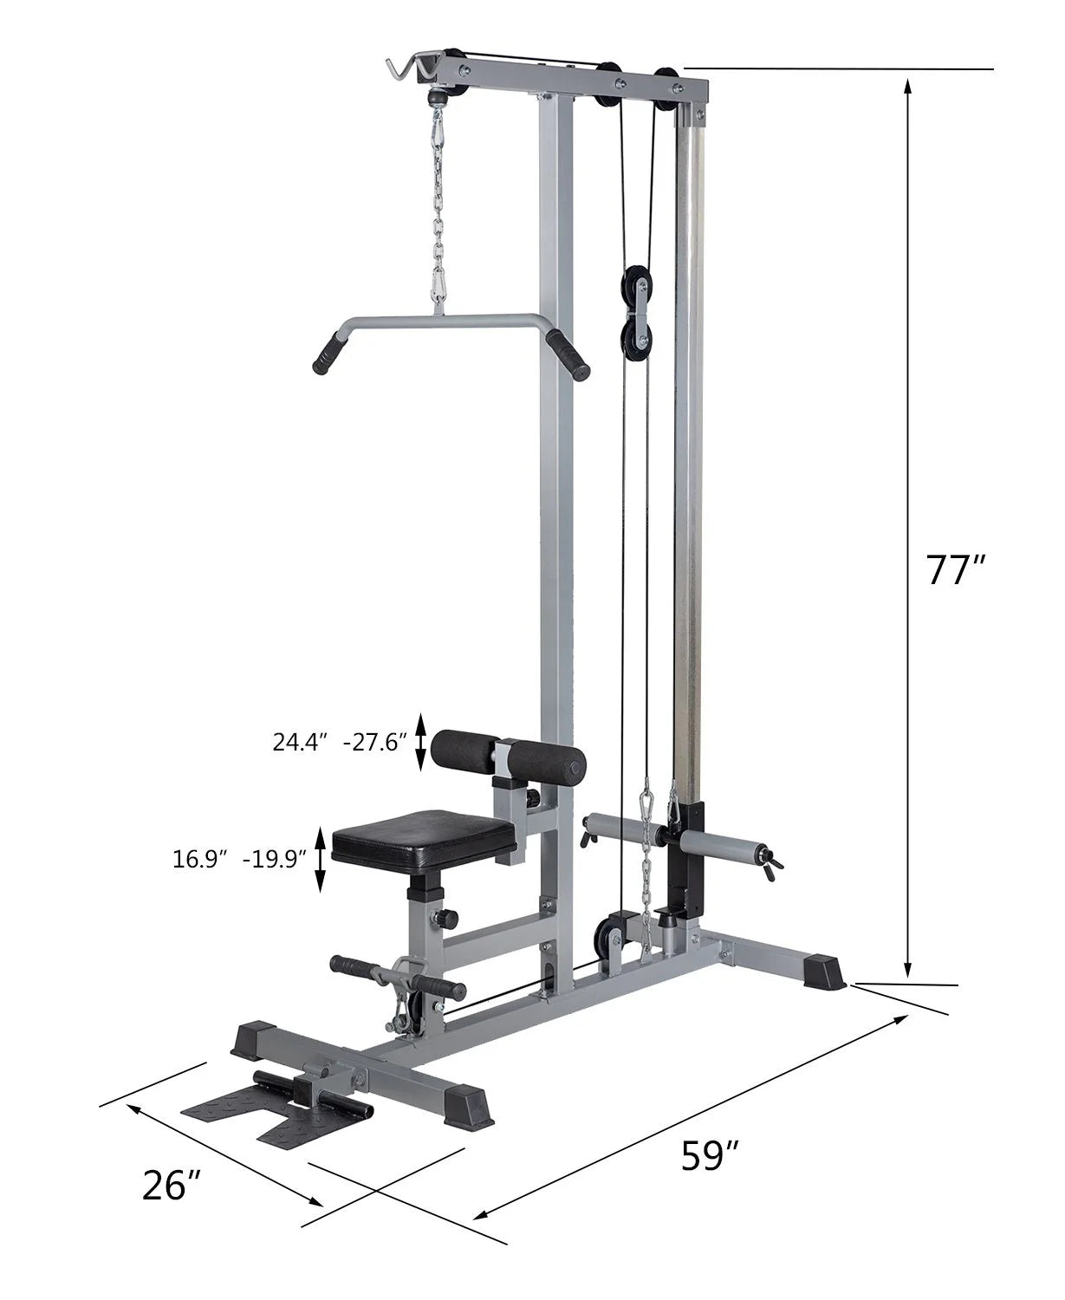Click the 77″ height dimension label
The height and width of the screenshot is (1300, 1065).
pos(956,569)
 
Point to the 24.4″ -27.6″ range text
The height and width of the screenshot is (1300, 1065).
pos(339,742)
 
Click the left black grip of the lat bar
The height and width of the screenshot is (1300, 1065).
pos(328,353)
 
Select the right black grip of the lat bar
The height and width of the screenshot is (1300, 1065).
pos(568,356)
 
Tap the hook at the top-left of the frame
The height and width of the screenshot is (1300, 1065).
pos(408,68)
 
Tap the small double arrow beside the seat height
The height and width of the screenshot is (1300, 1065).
pos(320,859)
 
